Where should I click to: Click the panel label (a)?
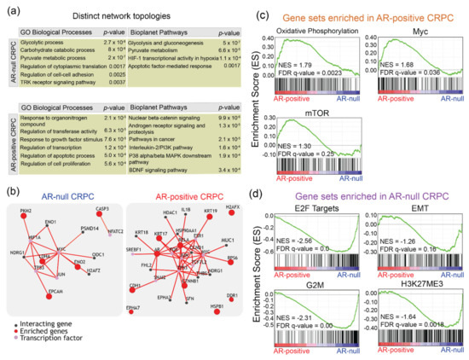tap(10, 7)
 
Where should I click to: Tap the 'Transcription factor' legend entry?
tap(47, 349)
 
